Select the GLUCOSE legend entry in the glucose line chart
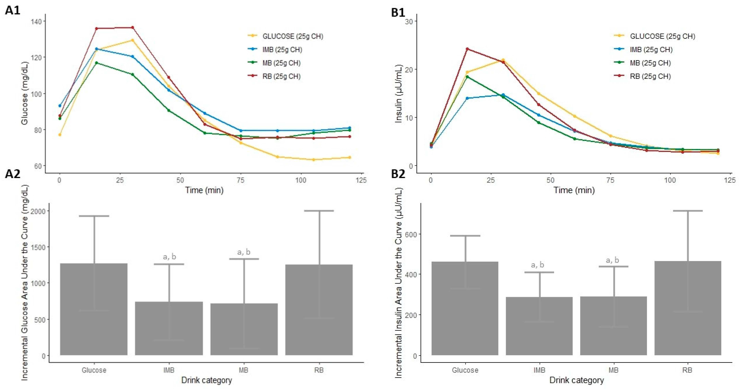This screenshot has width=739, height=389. (285, 36)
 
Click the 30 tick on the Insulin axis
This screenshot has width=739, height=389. (409, 21)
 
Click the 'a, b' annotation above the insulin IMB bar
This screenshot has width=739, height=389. (537, 265)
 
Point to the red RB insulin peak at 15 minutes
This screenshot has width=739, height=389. (467, 49)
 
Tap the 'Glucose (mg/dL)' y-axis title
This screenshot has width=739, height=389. (25, 93)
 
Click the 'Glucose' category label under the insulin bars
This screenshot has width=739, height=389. (465, 370)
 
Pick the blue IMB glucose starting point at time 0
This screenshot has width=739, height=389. (60, 106)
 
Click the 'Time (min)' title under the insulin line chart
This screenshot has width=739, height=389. (574, 190)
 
